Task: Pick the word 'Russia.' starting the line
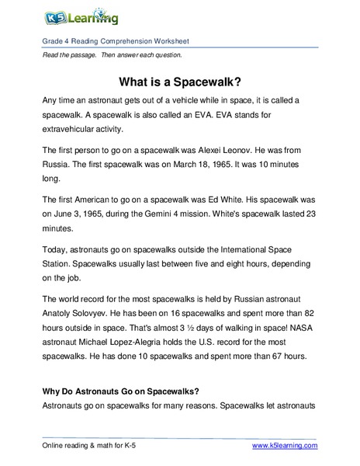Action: (x=55, y=165)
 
